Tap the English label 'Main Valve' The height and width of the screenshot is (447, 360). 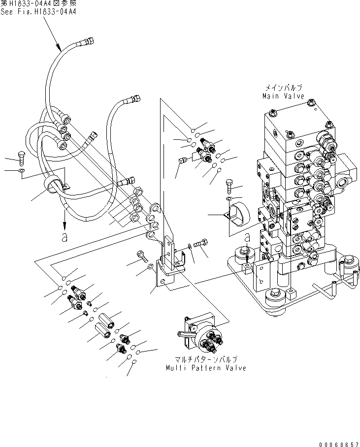point(283,96)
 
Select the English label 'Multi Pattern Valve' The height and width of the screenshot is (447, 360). point(206,368)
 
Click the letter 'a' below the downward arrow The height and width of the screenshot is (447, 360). point(64,237)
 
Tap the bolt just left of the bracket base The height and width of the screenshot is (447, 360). point(141,254)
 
